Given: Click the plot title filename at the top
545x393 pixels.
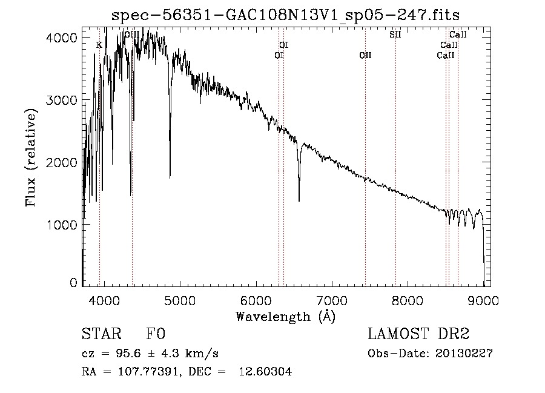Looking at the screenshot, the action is click(x=285, y=15).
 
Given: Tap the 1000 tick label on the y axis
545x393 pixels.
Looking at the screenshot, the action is click(x=61, y=225).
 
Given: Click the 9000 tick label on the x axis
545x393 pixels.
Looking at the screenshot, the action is click(x=483, y=300).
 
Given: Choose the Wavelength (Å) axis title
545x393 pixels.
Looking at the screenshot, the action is click(x=285, y=317).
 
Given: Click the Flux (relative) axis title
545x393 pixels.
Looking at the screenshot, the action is click(x=31, y=157).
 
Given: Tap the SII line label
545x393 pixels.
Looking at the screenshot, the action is click(x=395, y=35).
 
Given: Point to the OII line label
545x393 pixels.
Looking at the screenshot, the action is click(x=365, y=55).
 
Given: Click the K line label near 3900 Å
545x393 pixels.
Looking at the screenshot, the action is click(x=99, y=45).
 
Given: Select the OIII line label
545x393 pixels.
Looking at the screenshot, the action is click(x=132, y=34).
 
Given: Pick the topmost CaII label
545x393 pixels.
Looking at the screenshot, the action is click(x=458, y=35).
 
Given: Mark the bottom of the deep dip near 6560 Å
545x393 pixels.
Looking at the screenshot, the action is click(x=299, y=201).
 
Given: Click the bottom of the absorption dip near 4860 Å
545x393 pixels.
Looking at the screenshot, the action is click(x=170, y=177).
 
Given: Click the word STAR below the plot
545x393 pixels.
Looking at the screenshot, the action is click(x=102, y=334).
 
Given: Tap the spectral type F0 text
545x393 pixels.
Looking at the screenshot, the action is click(x=156, y=334).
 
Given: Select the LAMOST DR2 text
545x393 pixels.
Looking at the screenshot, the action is click(x=418, y=334).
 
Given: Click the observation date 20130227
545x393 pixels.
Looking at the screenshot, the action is click(x=464, y=354).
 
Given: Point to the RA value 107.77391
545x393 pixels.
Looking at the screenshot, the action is click(x=148, y=371).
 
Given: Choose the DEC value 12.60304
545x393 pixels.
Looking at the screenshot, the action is click(x=265, y=371).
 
